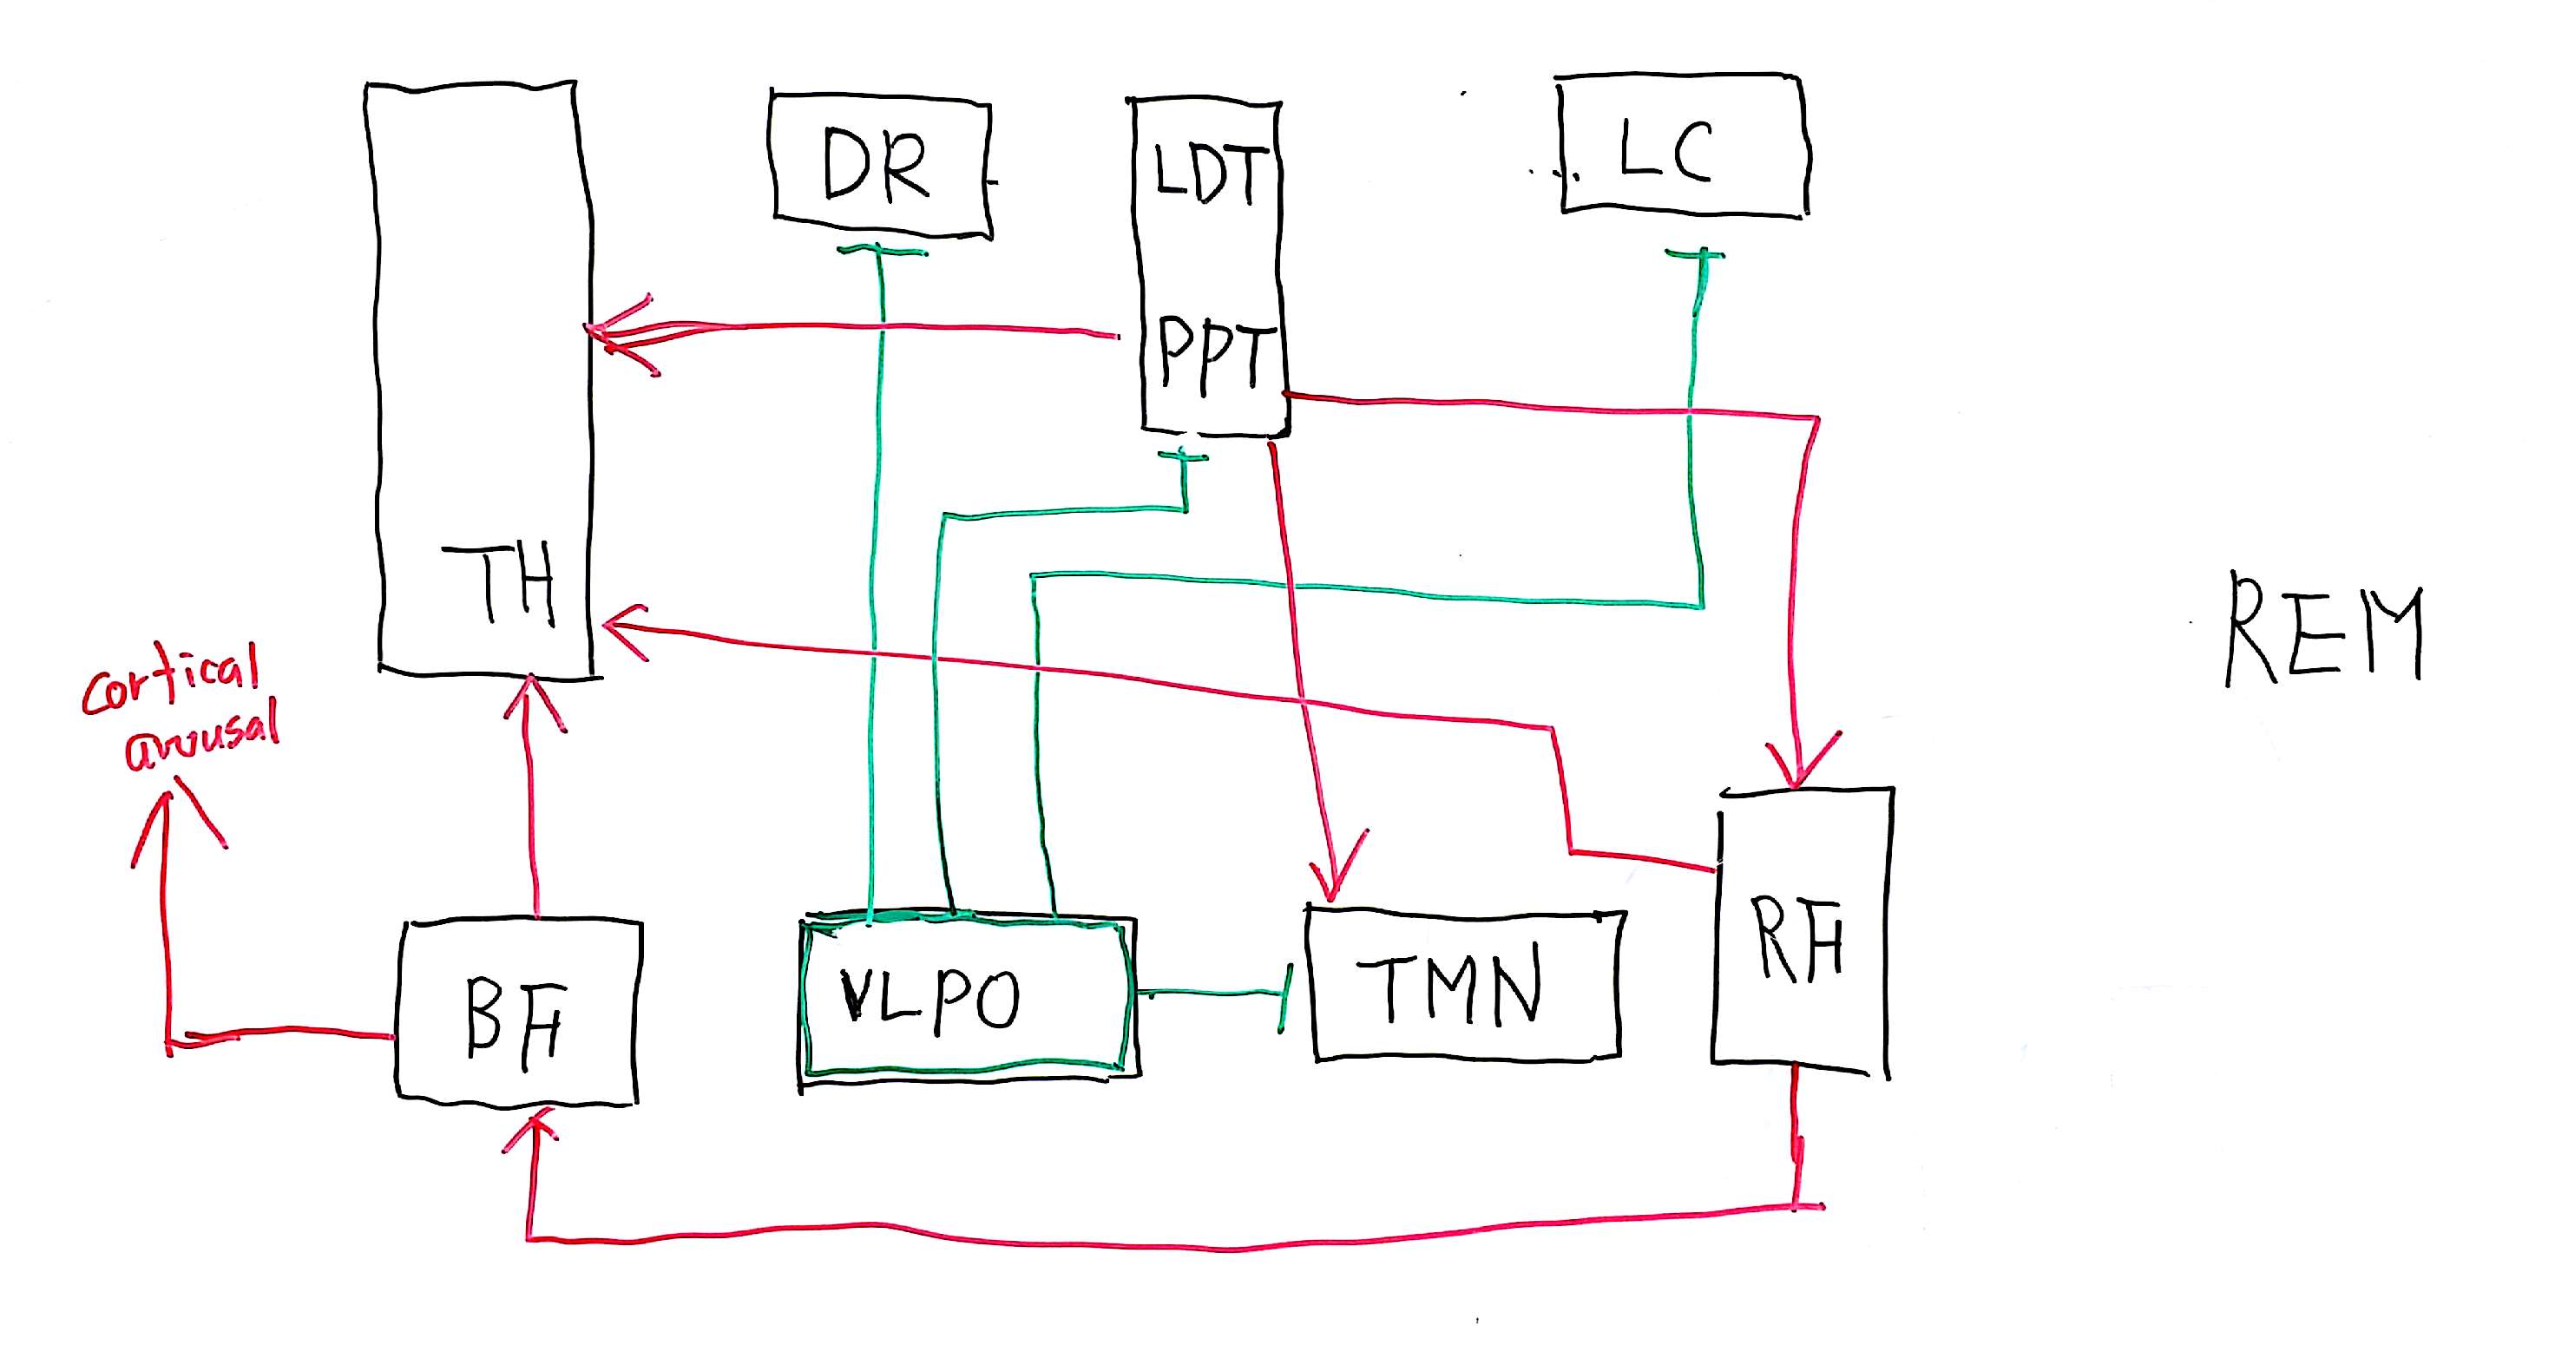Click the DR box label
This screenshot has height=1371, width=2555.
pos(876,167)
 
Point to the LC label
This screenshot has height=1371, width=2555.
pos(1665,151)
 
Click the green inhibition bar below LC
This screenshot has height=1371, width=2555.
pos(1694,254)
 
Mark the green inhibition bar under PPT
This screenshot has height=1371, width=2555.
pos(1182,456)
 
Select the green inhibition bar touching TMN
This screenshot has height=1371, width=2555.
pos(1286,997)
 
